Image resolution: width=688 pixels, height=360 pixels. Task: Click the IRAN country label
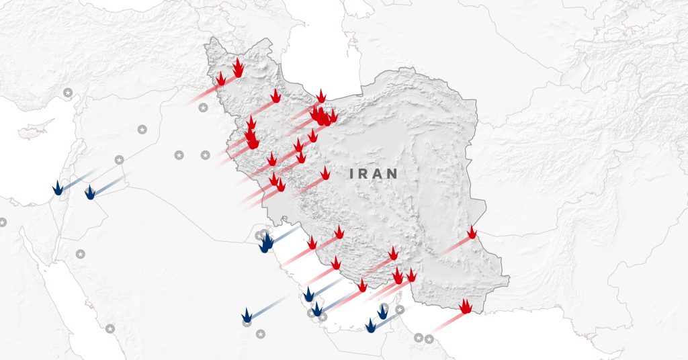[x=374, y=173]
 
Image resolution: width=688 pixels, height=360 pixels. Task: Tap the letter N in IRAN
[x=393, y=173]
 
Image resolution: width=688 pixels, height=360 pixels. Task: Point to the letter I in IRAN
[x=352, y=173]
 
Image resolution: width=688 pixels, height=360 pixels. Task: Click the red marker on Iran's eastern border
[x=472, y=232]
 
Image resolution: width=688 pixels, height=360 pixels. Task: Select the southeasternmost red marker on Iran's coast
[x=465, y=306]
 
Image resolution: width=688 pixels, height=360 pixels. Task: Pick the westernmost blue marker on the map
[x=58, y=188]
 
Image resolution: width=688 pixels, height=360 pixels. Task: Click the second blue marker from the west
[x=90, y=192]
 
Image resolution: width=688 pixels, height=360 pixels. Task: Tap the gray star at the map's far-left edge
[x=3, y=222]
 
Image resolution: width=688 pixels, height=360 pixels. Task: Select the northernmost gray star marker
[x=67, y=92]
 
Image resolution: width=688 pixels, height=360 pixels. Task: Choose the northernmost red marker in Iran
[x=238, y=66]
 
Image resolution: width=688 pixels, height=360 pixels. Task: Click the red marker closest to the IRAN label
[x=325, y=173]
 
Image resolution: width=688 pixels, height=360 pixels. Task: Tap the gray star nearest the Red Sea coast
[x=110, y=328]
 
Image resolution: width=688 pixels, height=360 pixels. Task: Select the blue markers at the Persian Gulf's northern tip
[x=267, y=242]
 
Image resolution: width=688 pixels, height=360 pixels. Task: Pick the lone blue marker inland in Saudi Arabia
[x=247, y=316]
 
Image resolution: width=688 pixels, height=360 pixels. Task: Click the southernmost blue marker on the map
[x=370, y=326]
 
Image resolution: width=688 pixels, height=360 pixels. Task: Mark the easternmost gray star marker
[x=429, y=338]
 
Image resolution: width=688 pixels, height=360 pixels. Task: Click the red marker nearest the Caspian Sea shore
[x=321, y=96]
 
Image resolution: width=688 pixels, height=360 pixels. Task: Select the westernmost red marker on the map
[x=220, y=79]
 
